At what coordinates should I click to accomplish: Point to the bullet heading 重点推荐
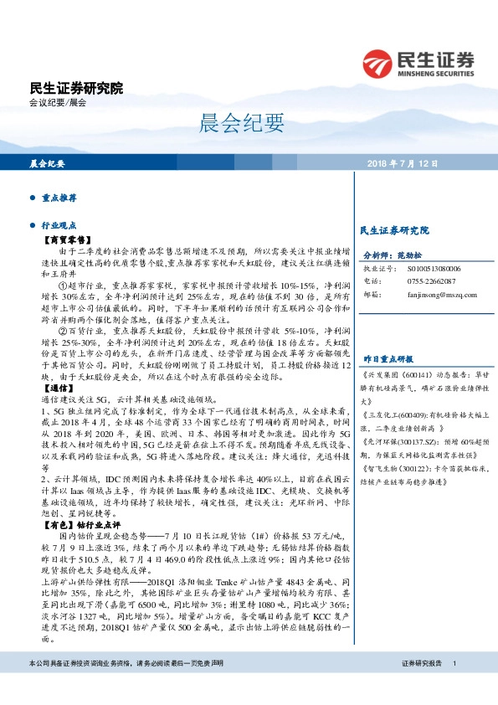59,198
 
